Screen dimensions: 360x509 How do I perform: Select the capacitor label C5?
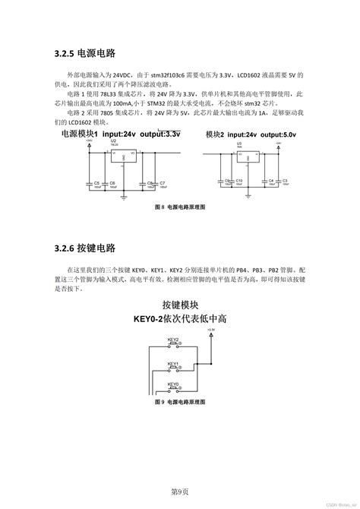pos(96,183)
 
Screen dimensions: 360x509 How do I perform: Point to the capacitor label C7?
pos(163,183)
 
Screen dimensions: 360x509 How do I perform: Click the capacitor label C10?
pos(238,180)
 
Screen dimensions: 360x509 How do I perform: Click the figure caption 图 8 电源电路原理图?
pos(180,207)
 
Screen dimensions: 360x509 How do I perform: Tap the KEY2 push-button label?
pos(174,343)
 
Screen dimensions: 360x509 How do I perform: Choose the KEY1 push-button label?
pos(174,363)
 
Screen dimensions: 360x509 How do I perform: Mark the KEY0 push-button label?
pos(174,384)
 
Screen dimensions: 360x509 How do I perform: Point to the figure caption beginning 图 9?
pos(180,400)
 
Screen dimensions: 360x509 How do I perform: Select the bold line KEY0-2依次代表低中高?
pos(180,320)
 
